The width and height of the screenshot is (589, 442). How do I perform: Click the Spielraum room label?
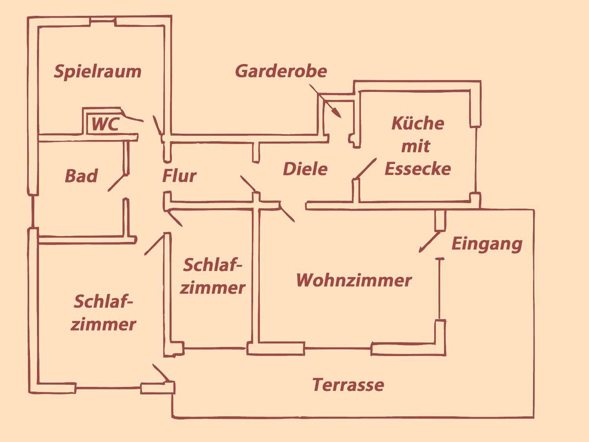tap(98, 72)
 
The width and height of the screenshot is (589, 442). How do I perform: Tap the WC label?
tap(105, 124)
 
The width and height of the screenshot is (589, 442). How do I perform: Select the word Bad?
tap(81, 176)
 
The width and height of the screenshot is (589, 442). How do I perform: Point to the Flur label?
tap(179, 176)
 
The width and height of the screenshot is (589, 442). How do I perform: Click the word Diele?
tap(305, 169)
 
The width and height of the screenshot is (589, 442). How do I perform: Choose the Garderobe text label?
tap(281, 71)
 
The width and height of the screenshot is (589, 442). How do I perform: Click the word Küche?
tap(418, 124)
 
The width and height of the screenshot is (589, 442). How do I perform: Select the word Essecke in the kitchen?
tap(418, 169)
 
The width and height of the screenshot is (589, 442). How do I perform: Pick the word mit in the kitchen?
tap(416, 146)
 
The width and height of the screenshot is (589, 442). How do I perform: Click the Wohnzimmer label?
tap(354, 280)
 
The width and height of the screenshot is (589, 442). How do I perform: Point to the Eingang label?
tap(487, 244)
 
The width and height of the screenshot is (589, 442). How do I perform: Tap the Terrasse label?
tap(348, 385)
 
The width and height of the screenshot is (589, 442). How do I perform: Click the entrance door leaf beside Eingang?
tap(429, 242)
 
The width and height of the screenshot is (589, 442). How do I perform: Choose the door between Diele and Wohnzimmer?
tap(287, 213)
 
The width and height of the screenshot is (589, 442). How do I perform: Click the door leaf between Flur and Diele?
tap(248, 184)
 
